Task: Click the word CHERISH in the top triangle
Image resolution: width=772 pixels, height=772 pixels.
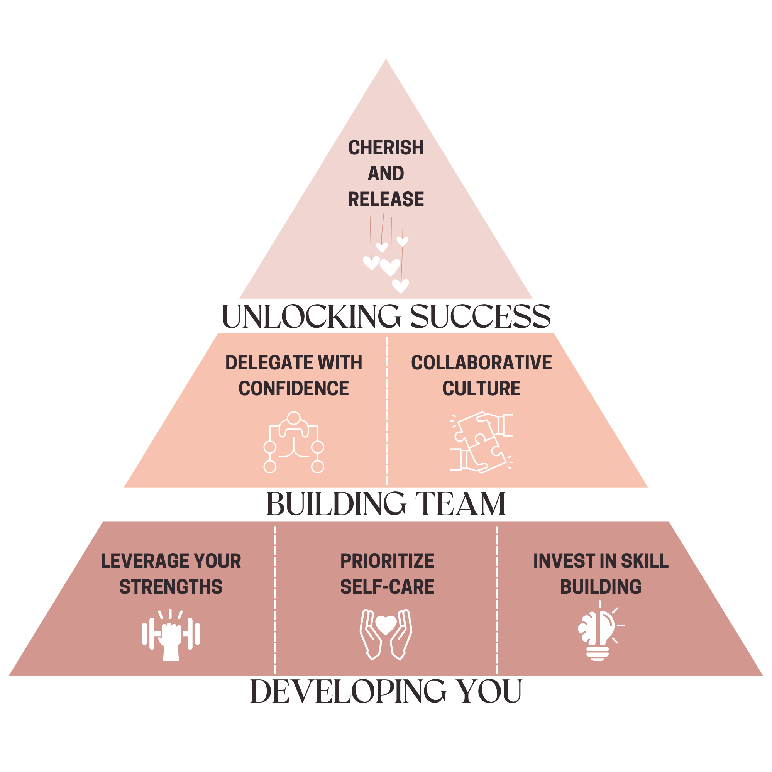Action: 386,148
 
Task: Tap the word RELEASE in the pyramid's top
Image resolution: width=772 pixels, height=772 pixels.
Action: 386,200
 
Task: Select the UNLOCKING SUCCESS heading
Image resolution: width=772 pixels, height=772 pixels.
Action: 386,317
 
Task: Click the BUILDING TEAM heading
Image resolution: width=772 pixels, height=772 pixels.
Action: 386,504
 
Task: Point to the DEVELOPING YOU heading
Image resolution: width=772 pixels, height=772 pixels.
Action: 386,691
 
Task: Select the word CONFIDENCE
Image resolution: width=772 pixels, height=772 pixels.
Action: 294,388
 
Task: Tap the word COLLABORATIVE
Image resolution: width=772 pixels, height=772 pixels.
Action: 481,363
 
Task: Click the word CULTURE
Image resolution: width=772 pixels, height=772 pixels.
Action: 481,388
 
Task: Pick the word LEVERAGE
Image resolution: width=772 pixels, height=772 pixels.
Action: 138,561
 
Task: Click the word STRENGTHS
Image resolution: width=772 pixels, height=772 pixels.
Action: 171,587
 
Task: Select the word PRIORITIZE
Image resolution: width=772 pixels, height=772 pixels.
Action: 387,561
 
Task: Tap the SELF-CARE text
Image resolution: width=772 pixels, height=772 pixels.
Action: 387,587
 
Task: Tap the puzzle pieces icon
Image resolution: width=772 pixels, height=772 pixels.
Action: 481,443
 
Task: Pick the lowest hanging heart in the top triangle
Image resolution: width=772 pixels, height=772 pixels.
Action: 400,286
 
